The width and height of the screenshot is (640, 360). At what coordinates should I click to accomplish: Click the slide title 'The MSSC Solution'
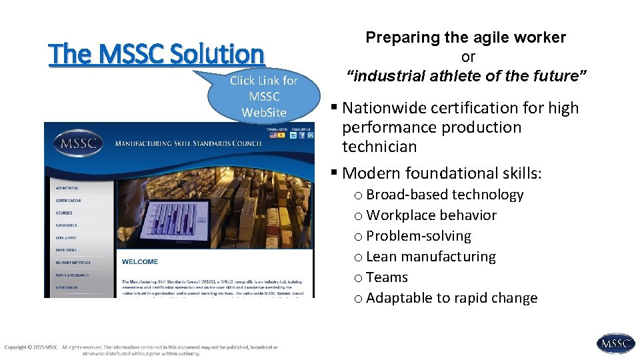[x=157, y=54]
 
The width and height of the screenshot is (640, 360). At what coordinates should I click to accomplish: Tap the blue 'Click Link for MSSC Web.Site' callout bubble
[x=263, y=97]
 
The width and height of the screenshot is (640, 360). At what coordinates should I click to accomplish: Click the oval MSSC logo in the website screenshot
[x=79, y=143]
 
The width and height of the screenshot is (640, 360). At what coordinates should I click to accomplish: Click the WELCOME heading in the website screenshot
[x=140, y=262]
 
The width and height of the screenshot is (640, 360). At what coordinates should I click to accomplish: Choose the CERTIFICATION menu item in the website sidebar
[x=69, y=200]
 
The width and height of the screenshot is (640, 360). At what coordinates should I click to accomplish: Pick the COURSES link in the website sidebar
[x=65, y=213]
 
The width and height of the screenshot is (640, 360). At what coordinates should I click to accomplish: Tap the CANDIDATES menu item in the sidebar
[x=67, y=225]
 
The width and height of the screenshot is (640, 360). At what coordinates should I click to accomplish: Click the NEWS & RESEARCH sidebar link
[x=72, y=275]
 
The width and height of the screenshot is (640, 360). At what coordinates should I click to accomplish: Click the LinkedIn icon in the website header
[x=311, y=135]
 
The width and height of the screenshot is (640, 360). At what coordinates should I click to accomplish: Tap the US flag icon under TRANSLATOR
[x=273, y=135]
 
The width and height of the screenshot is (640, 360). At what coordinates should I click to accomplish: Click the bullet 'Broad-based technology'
[x=445, y=195]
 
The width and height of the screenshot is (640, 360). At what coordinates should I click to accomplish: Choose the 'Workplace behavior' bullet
[x=431, y=215]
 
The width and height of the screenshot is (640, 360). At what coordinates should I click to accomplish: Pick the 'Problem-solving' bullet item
[x=419, y=236]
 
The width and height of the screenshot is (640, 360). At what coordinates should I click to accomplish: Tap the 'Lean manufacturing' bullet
[x=431, y=257]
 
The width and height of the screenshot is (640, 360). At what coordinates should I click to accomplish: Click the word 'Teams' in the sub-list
[x=387, y=277]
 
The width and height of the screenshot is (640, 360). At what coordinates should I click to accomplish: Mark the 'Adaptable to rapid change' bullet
[x=451, y=298]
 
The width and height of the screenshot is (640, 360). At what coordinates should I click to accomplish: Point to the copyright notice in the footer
[x=140, y=350]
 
